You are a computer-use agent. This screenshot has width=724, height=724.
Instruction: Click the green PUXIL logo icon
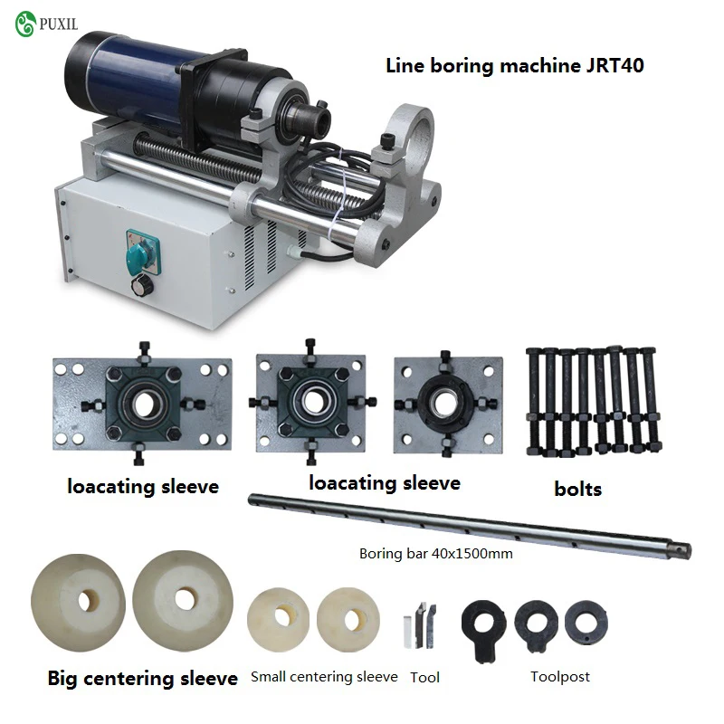(25, 24)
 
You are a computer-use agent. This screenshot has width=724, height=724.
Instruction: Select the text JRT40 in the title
(615, 65)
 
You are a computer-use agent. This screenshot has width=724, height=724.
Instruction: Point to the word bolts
(578, 489)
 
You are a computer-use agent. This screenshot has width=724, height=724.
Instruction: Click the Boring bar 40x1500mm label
(436, 554)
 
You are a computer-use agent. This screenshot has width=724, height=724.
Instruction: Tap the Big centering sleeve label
(143, 678)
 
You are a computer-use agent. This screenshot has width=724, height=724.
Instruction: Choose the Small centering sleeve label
(324, 676)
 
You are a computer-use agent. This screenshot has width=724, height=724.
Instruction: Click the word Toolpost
(560, 677)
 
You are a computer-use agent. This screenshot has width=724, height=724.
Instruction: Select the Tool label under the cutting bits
(424, 677)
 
